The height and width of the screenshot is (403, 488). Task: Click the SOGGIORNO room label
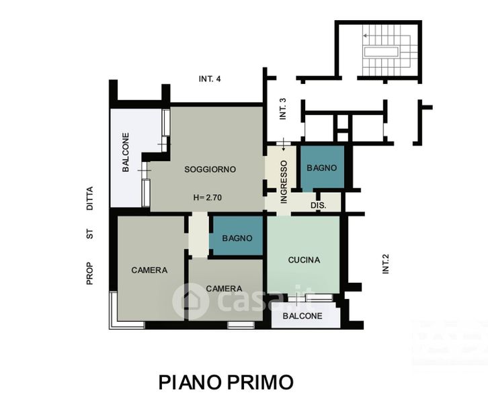[x=210, y=169]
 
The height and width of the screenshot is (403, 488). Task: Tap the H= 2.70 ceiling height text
[x=208, y=197]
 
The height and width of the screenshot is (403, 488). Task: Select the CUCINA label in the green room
[x=304, y=260]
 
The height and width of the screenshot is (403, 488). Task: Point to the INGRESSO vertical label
[x=284, y=182]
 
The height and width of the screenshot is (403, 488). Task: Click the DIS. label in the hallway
[x=319, y=206]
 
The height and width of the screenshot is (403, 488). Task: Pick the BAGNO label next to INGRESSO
[x=322, y=168]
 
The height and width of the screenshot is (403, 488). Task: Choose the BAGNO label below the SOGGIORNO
[x=237, y=238]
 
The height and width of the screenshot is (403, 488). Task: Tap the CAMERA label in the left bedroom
[x=149, y=270]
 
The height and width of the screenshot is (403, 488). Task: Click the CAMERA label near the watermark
[x=224, y=289]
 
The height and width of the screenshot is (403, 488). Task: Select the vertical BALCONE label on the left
[x=126, y=152]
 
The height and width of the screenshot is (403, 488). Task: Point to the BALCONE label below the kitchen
[x=302, y=316]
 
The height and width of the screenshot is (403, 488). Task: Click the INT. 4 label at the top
[x=210, y=79]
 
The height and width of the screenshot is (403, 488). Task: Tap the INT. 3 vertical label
[x=283, y=109]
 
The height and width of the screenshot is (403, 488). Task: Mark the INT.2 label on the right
[x=386, y=264]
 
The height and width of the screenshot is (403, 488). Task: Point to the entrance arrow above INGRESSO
[x=284, y=144]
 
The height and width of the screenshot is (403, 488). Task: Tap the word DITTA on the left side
[x=89, y=199]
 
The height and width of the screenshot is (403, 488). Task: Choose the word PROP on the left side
[x=89, y=274]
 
